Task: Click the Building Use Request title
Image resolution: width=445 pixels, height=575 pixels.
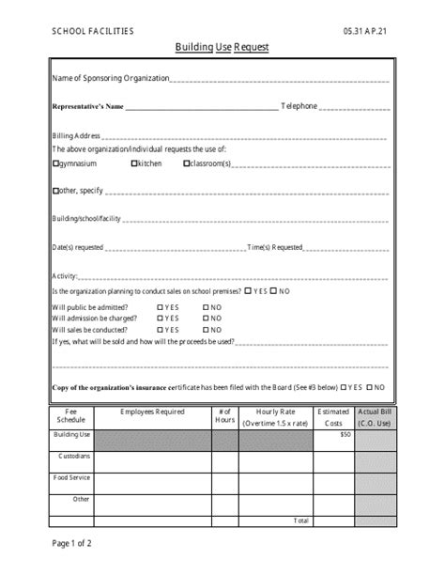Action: coord(222,46)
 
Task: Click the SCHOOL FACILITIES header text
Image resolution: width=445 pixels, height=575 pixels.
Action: coord(93,31)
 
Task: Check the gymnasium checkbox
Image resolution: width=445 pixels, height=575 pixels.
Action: coord(54,163)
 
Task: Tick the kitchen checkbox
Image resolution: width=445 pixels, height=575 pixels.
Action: coord(134,163)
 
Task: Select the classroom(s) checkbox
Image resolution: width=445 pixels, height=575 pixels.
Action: coord(187,163)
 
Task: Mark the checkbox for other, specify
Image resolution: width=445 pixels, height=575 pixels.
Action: coord(54,191)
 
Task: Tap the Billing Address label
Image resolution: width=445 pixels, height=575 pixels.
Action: coord(75,135)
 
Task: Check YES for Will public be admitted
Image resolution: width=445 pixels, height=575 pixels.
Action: coord(161,307)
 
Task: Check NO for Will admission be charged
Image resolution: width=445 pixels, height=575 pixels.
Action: coord(206,319)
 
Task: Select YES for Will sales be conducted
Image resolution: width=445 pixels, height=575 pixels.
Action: coord(161,330)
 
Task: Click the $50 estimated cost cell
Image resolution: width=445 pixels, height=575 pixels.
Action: coord(345,434)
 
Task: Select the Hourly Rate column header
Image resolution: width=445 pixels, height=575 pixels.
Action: coord(275,417)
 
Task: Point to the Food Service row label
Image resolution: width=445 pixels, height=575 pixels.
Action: coord(72,477)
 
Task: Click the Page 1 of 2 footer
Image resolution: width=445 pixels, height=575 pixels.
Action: coord(71,542)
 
